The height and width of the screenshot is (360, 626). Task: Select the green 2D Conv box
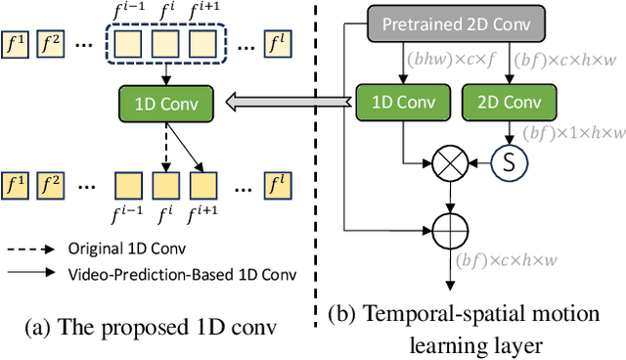(x=508, y=102)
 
